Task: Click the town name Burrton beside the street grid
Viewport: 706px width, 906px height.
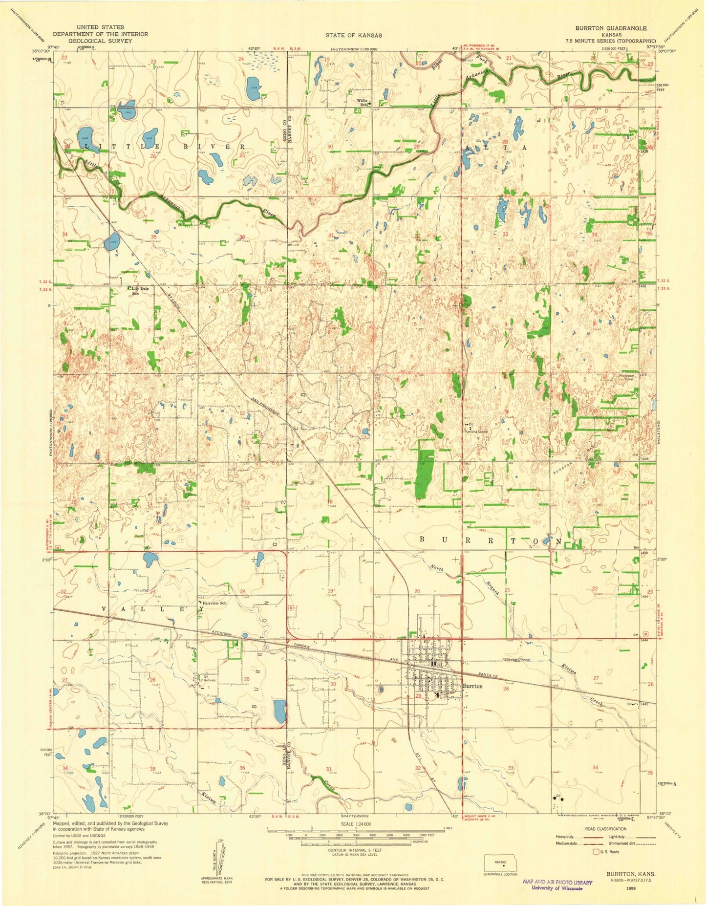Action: (x=472, y=686)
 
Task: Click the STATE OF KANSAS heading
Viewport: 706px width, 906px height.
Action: (x=354, y=35)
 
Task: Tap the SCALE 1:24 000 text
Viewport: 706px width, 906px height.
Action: (x=356, y=823)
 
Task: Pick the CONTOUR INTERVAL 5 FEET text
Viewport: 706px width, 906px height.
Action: (x=355, y=850)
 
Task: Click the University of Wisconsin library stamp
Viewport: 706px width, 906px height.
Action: (x=557, y=885)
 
